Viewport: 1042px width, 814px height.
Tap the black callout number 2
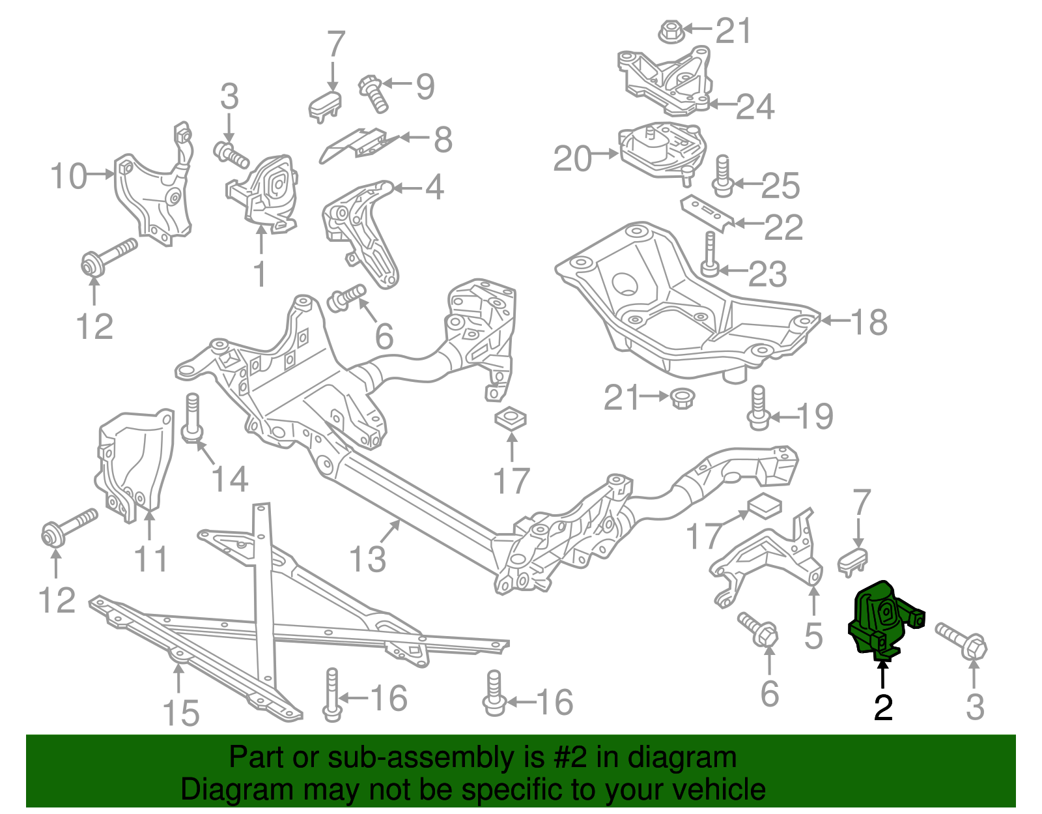point(883,706)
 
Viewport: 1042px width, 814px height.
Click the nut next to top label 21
point(669,31)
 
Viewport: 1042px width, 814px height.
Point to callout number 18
point(869,321)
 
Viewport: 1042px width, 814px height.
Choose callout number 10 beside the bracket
point(68,176)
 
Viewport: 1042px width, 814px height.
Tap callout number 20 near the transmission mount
point(572,158)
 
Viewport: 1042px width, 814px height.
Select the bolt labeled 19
point(758,408)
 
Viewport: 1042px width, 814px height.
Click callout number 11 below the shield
point(150,559)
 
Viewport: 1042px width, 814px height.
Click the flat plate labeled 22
point(707,213)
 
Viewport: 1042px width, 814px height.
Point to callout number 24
point(755,107)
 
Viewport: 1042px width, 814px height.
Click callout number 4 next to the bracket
point(434,188)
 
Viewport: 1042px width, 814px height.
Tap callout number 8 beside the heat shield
point(443,139)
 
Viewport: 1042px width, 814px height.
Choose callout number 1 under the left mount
point(259,274)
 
